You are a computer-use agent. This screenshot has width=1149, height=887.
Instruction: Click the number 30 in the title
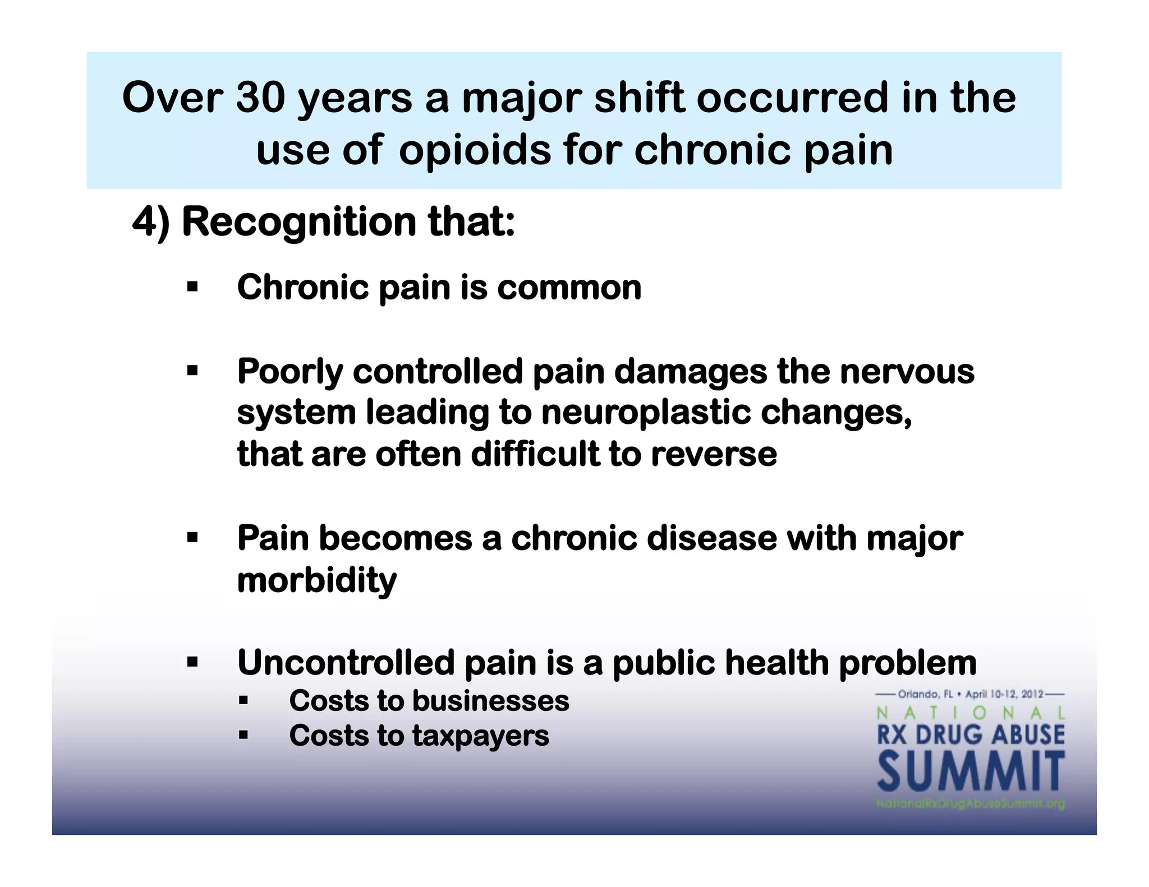point(260,98)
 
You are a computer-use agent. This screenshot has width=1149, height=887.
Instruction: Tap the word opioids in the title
point(475,150)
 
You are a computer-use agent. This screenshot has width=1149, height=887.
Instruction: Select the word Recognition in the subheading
point(298,221)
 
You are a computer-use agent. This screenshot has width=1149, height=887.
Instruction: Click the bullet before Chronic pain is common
point(192,288)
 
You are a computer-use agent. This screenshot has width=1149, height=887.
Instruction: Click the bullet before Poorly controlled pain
point(192,371)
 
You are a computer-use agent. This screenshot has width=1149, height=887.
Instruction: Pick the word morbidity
point(316,580)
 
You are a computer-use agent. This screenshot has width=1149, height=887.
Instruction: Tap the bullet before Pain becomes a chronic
point(192,539)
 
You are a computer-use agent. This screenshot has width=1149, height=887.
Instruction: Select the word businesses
point(491,701)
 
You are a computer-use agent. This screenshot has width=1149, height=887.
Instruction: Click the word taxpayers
point(481,736)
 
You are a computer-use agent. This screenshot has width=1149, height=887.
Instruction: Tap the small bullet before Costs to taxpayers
point(243,735)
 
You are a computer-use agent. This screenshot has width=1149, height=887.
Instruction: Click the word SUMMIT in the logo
point(971,773)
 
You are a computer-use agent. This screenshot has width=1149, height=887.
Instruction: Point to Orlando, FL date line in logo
point(971,694)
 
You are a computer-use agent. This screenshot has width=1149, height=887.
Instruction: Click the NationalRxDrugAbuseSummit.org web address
point(971,804)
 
